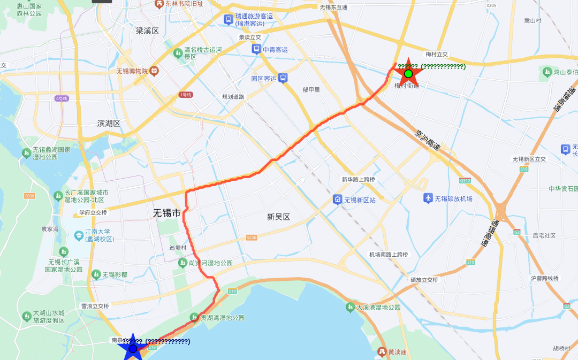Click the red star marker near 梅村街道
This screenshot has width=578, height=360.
[408, 73]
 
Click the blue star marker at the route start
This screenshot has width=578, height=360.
[133, 349]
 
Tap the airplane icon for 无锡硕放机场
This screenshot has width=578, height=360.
[428, 198]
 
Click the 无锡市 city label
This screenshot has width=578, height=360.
[166, 213]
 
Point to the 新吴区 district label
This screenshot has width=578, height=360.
[278, 217]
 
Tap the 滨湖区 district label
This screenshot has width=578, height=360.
[109, 123]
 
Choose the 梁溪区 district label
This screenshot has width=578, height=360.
[147, 31]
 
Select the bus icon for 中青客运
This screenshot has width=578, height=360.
[256, 50]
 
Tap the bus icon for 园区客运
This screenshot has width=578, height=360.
[283, 78]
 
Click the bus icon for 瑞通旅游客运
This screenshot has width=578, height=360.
[229, 20]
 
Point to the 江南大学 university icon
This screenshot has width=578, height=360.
[79, 235]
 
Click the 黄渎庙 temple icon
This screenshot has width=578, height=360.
[382, 351]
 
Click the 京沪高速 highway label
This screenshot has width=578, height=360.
[427, 141]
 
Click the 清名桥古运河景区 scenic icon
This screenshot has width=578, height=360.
[178, 53]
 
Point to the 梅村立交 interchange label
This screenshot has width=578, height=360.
[436, 55]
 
